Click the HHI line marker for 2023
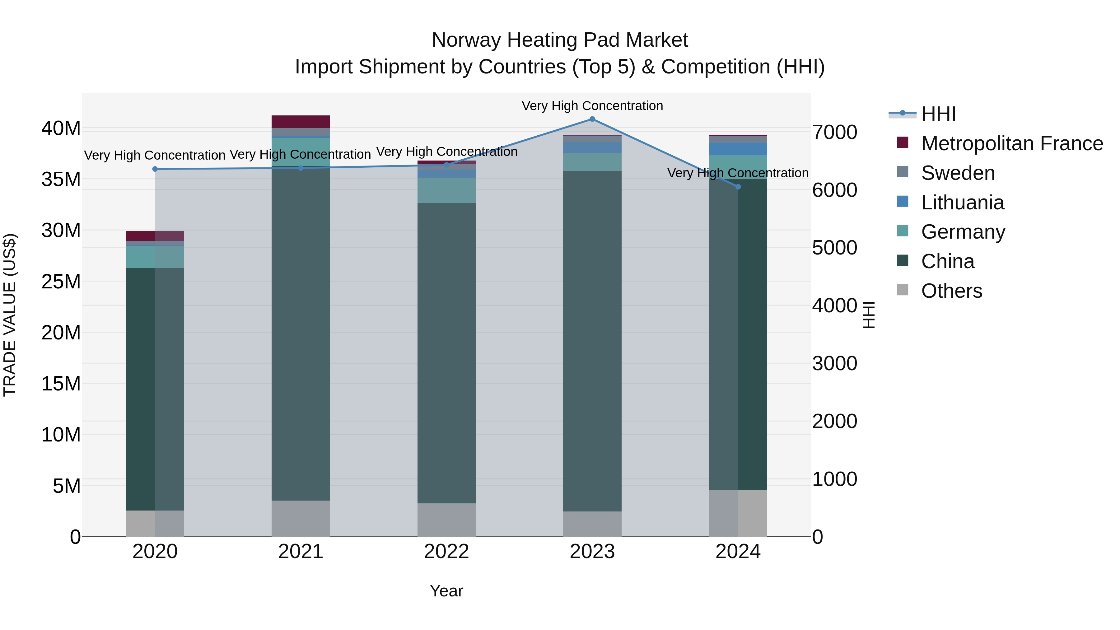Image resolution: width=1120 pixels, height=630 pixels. tap(592, 119)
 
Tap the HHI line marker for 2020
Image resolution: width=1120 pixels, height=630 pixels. tap(155, 169)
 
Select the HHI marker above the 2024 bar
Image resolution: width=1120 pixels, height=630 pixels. tap(738, 187)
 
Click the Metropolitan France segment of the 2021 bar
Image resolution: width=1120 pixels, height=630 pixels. tap(301, 121)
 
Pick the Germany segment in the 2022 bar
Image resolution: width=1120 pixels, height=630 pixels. tap(446, 190)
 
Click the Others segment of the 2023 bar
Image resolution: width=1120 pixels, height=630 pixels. tap(592, 524)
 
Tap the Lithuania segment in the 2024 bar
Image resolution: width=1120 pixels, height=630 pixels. tap(738, 149)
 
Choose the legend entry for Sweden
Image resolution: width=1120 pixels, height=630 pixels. tap(958, 173)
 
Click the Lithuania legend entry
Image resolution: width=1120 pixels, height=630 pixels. tap(963, 203)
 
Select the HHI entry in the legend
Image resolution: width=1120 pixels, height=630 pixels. tap(938, 114)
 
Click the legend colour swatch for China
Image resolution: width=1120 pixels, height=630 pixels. tap(903, 261)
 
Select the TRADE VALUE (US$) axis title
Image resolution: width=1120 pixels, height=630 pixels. tap(10, 315)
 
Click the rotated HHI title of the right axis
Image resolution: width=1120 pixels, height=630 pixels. tap(868, 315)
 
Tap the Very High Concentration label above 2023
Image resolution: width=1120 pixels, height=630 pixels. tap(592, 106)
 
